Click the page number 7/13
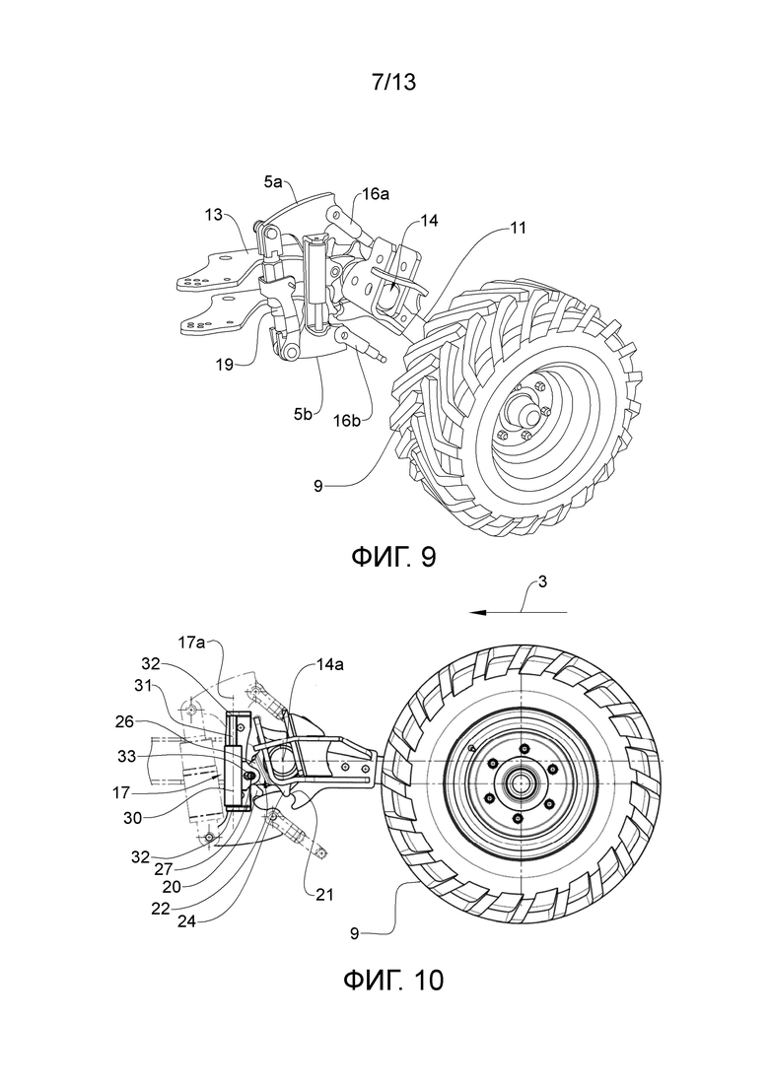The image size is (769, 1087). coord(393,83)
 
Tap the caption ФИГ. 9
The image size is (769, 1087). coord(393,556)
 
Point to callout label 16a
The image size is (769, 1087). coord(376,194)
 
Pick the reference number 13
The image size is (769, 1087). coord(214,214)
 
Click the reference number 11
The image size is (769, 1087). coord(517,228)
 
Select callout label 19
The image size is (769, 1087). coord(224,364)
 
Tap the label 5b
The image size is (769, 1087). coord(303,415)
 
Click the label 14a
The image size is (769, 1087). coord(330,665)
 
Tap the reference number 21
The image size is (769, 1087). coord(324,895)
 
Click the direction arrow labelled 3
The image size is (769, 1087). coord(518,612)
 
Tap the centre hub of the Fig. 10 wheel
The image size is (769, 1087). coord(519,783)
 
